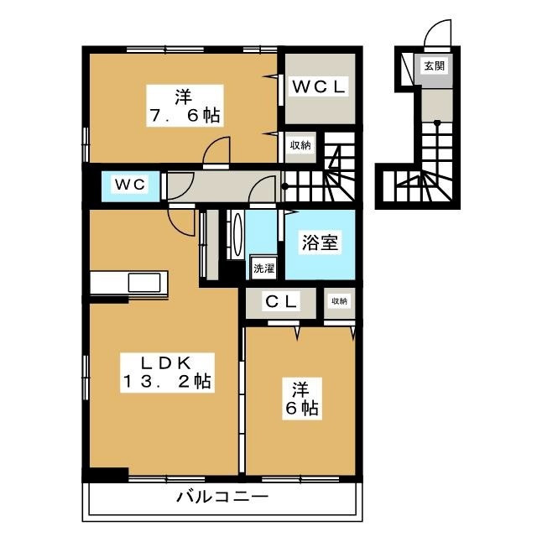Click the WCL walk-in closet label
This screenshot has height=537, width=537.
[319, 86]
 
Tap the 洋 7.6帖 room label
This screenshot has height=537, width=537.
[185, 106]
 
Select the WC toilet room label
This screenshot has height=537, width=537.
[131, 185]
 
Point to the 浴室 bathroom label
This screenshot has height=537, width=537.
[320, 242]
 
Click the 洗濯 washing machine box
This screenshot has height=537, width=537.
[263, 268]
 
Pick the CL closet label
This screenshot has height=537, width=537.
[281, 301]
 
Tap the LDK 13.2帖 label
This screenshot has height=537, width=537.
[167, 373]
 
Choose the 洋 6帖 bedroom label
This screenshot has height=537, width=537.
[302, 399]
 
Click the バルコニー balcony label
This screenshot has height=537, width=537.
[222, 496]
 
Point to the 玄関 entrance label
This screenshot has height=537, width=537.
[435, 65]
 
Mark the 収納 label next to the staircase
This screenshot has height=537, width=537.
[300, 145]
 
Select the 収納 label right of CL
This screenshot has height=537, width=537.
[339, 301]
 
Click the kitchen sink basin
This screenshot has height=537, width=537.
[144, 283]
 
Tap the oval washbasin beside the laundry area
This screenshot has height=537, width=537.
[237, 235]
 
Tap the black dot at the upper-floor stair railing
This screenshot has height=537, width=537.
[284, 186]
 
